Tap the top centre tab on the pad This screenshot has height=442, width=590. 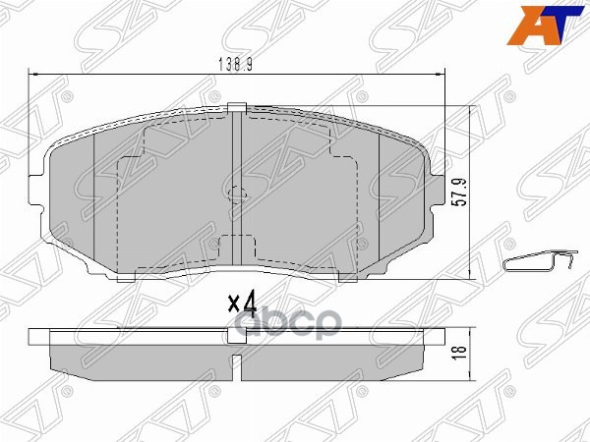[x=235, y=108]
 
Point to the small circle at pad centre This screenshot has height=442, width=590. [x=236, y=192]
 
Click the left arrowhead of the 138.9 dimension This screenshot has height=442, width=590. [x=34, y=74]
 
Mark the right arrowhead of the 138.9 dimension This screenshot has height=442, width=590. [x=443, y=74]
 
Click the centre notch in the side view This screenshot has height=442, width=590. [x=236, y=336]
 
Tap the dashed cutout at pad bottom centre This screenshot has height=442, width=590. [x=236, y=250]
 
